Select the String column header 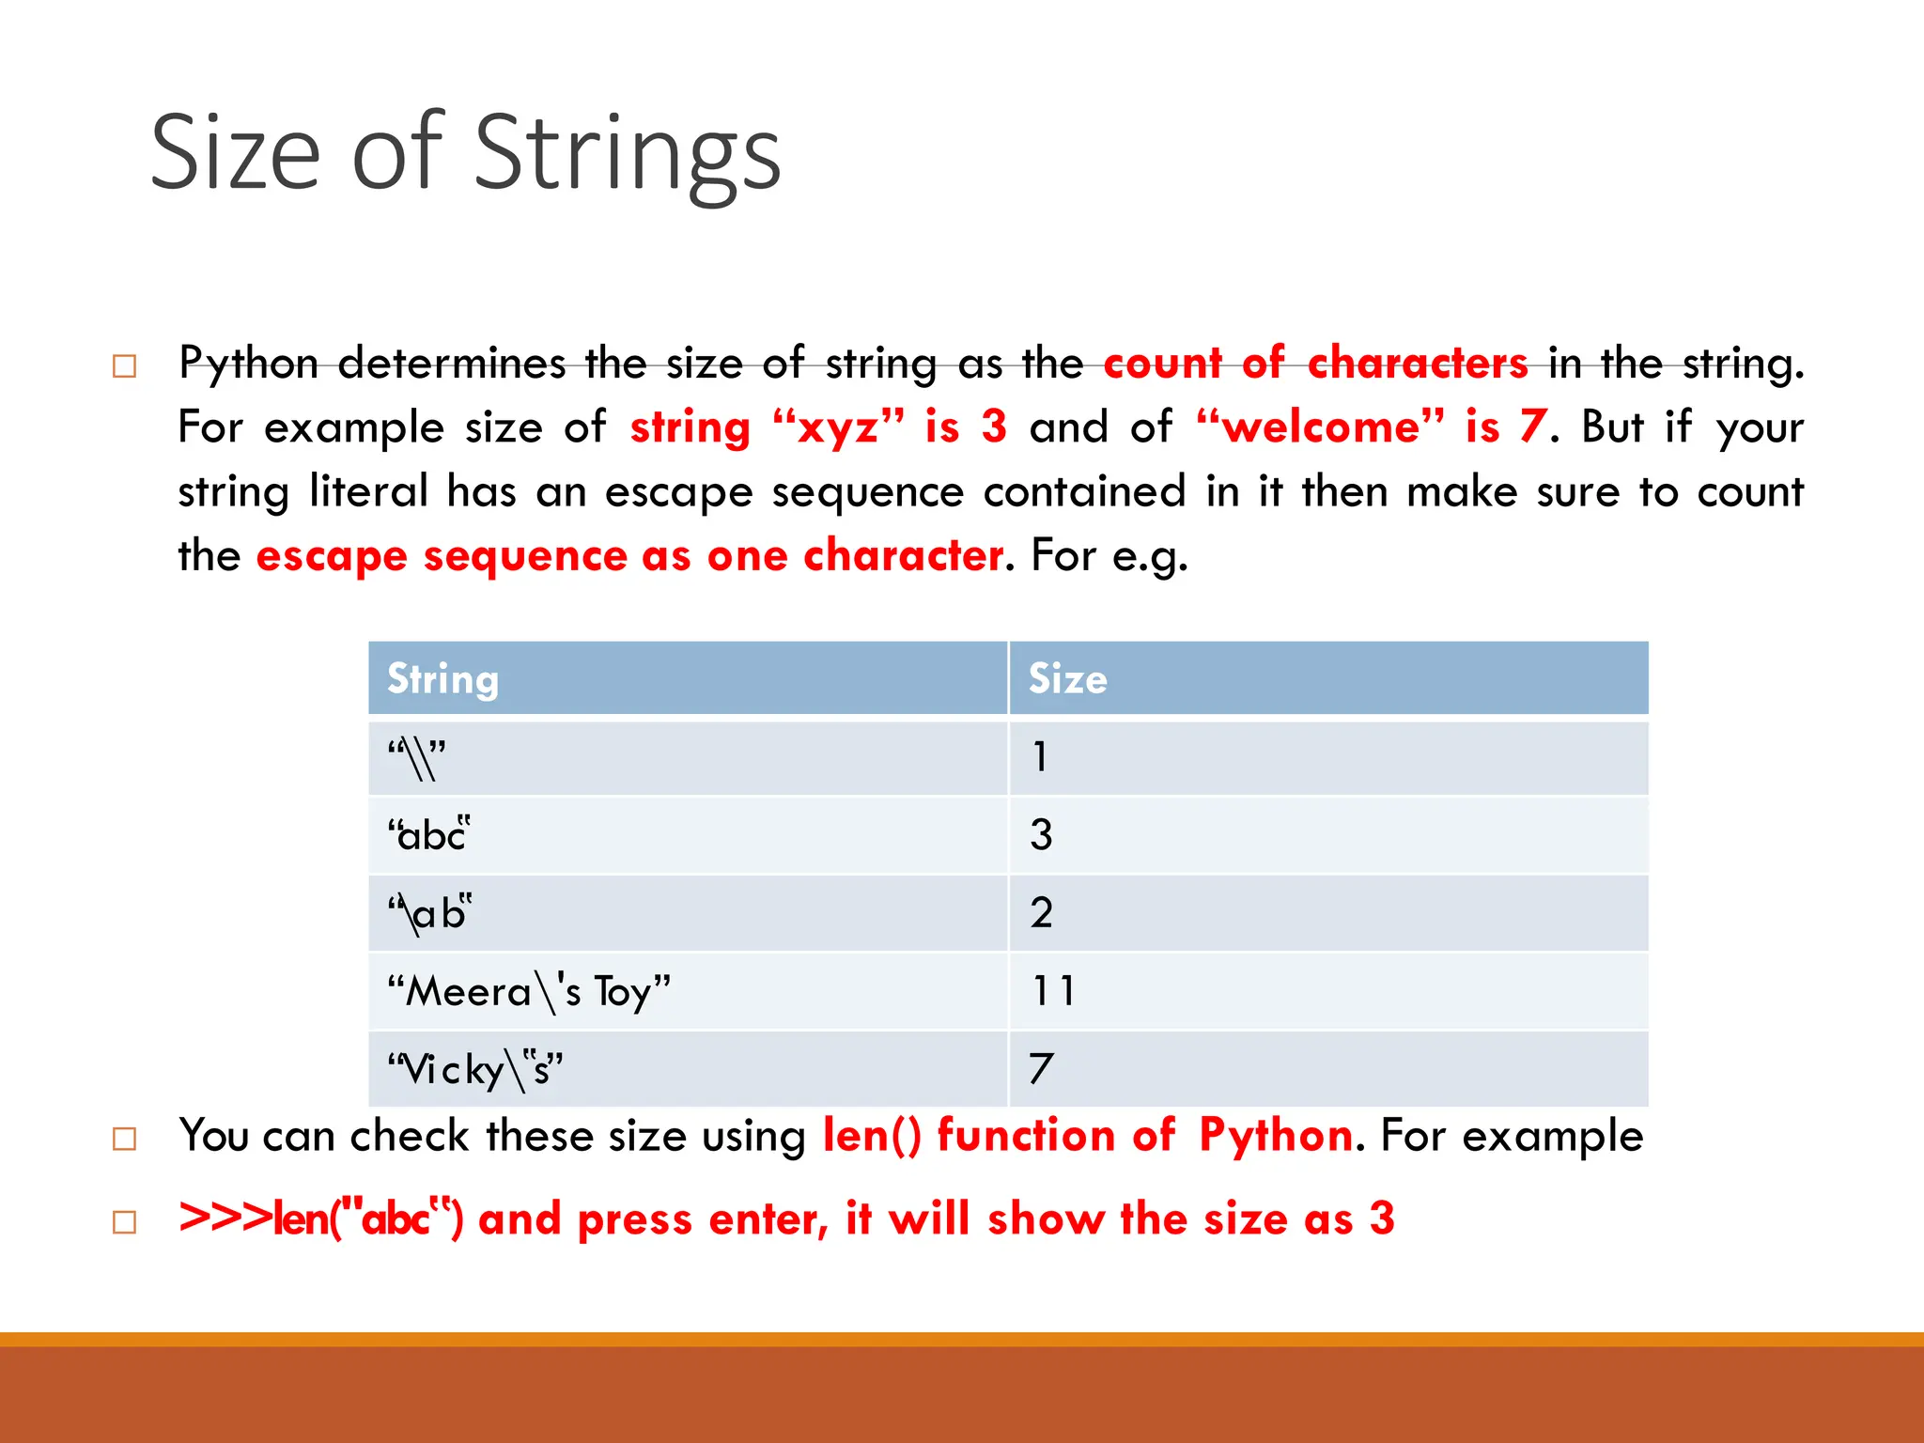[x=442, y=678]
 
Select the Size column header [x=1067, y=678]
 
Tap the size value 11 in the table [x=1052, y=990]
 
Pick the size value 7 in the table [x=1041, y=1068]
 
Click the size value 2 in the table [x=1041, y=912]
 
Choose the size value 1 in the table [x=1039, y=756]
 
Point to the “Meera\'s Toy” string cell [x=529, y=992]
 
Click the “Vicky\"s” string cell [x=475, y=1070]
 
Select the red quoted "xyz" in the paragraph [x=838, y=427]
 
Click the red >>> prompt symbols [x=225, y=1218]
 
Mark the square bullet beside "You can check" [x=124, y=1139]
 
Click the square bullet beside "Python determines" [x=124, y=365]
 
